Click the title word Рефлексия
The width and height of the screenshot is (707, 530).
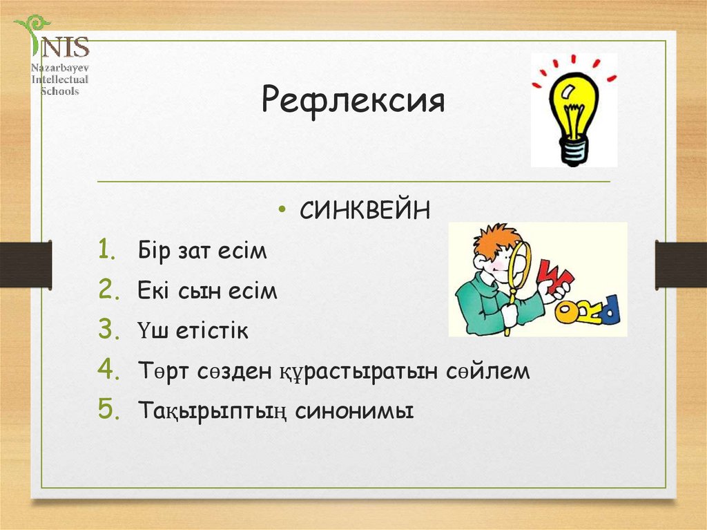tap(353, 102)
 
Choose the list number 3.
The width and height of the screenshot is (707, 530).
tap(108, 330)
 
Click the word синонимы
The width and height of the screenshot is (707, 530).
tap(354, 412)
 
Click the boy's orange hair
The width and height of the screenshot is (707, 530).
tap(494, 238)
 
